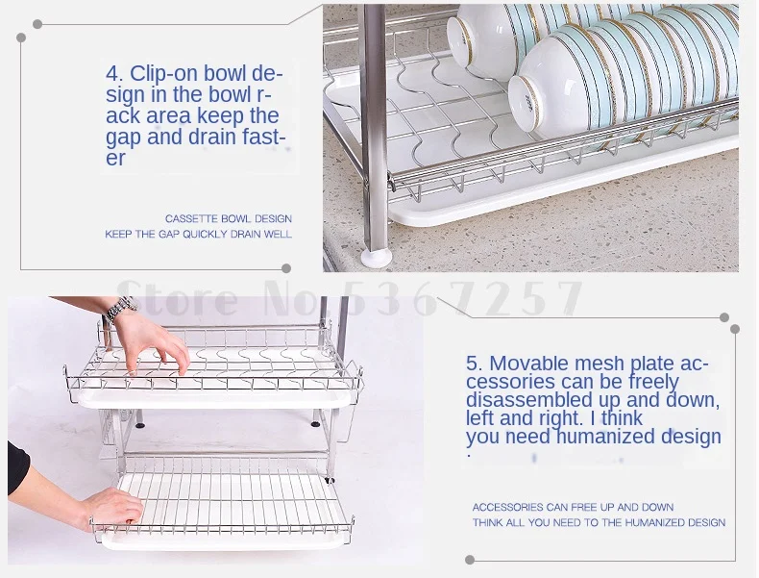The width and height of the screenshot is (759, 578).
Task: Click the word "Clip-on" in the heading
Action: [x=163, y=74]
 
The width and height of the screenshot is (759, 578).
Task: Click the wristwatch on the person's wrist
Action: [x=119, y=309]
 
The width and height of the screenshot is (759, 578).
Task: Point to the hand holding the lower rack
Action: [x=111, y=509]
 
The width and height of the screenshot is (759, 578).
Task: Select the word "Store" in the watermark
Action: [x=178, y=296]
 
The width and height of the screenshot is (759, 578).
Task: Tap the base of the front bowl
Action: [x=527, y=100]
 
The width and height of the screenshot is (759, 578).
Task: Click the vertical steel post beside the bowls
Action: [x=376, y=126]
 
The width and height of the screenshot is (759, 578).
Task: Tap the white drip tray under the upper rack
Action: [x=213, y=400]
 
